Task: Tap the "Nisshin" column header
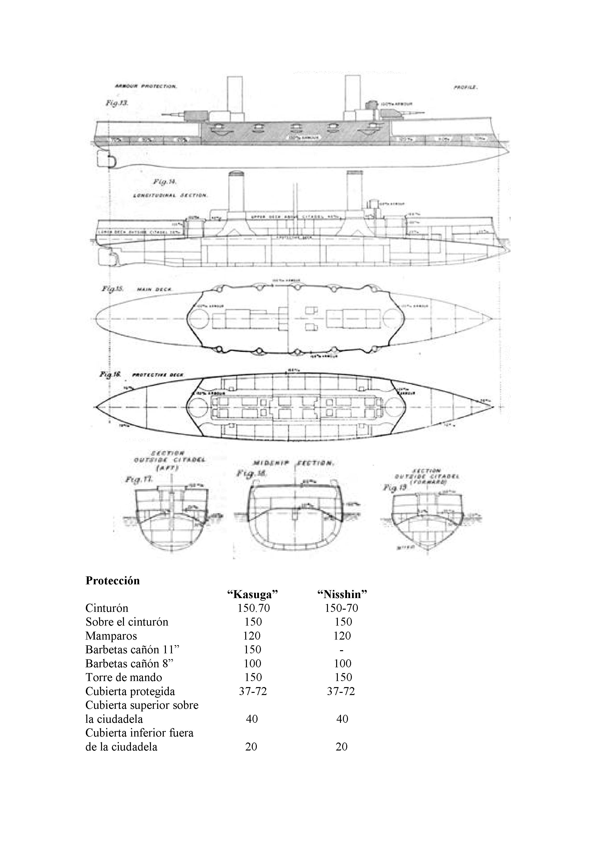[342, 594]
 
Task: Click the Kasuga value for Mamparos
[252, 636]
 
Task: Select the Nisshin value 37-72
[341, 691]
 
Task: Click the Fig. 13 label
[116, 104]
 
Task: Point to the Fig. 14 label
[165, 182]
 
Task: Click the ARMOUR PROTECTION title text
[146, 87]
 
